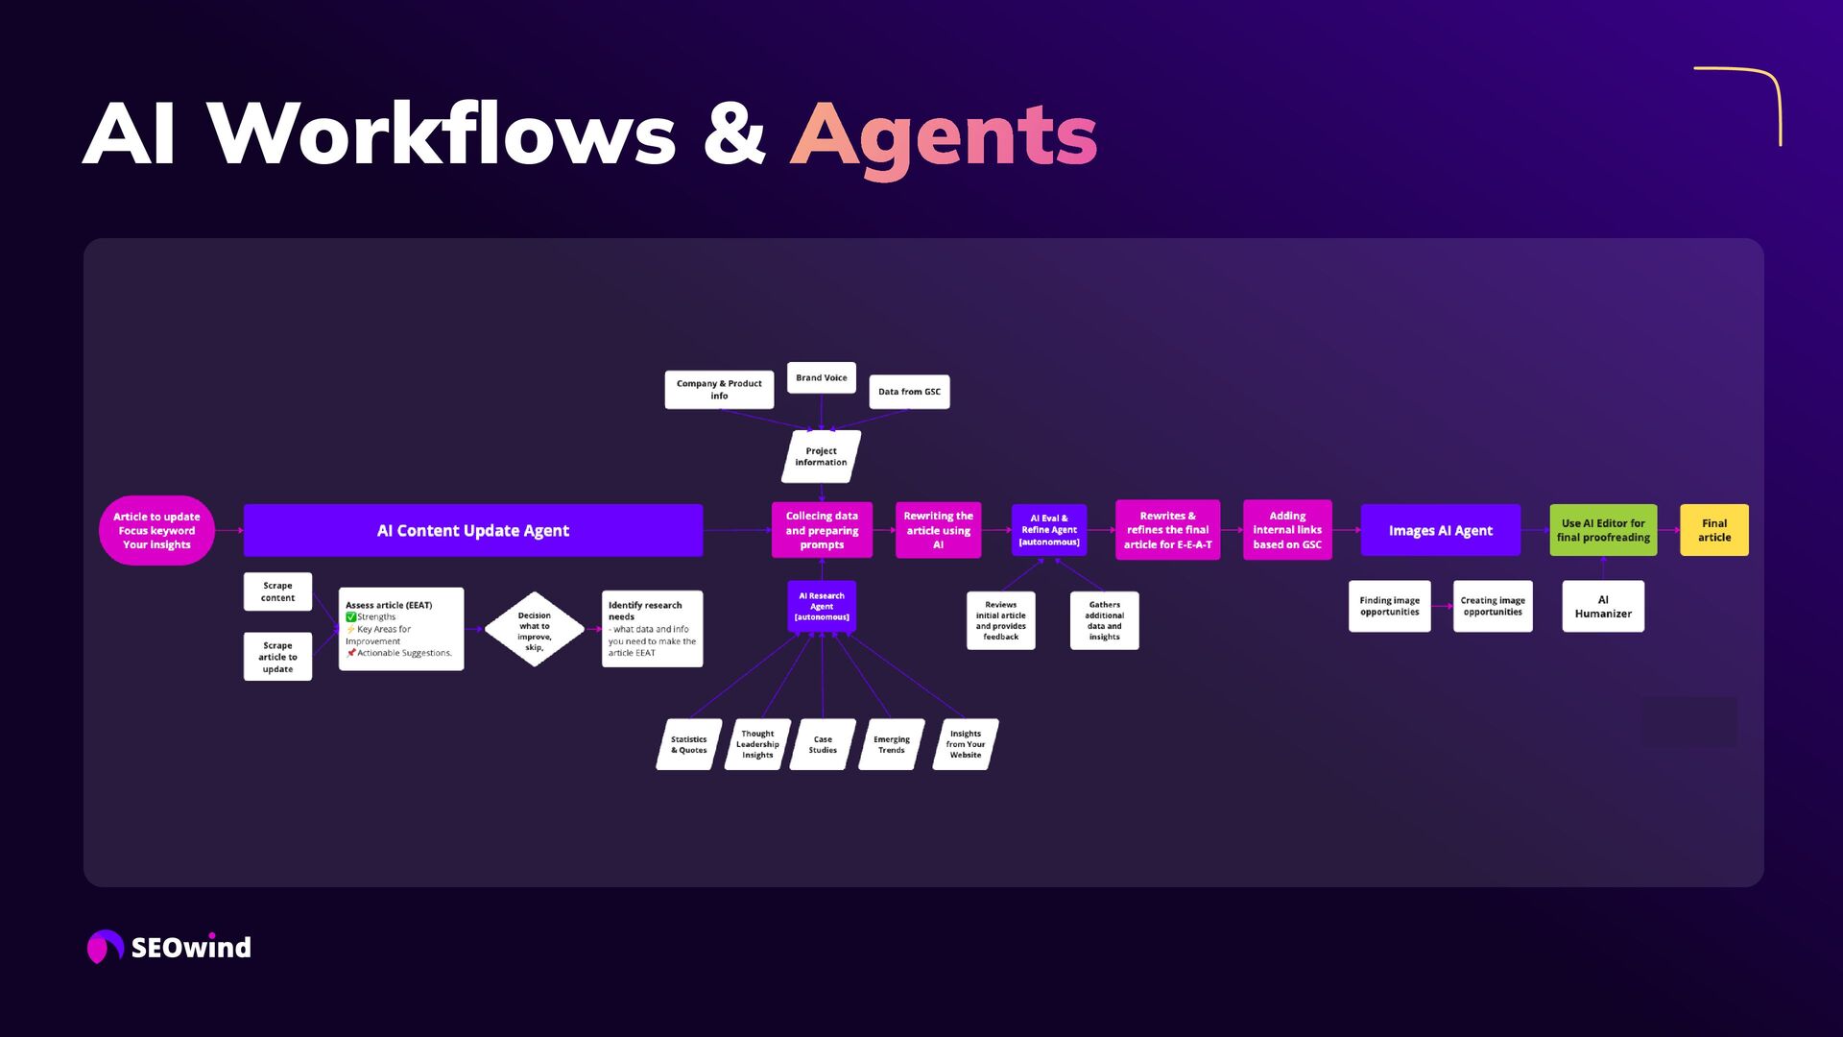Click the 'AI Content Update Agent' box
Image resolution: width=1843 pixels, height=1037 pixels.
click(472, 530)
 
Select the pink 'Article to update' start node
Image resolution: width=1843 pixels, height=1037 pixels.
click(156, 530)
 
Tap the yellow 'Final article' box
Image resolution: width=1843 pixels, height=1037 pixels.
click(1713, 530)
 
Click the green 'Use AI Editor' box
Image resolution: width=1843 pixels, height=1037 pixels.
click(1603, 530)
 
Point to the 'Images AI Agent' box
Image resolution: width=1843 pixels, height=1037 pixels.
click(1440, 530)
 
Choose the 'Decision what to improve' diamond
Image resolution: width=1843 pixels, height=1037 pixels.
click(535, 630)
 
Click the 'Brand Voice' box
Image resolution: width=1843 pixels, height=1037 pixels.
click(821, 377)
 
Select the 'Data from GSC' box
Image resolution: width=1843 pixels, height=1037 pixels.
click(909, 392)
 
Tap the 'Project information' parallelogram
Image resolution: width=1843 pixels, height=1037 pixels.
click(821, 456)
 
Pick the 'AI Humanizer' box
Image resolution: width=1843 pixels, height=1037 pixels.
click(1603, 606)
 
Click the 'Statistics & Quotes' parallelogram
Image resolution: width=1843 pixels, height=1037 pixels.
click(688, 744)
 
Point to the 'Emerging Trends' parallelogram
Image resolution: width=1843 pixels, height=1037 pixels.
click(891, 744)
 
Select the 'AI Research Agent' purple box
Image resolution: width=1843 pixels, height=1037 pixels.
click(822, 606)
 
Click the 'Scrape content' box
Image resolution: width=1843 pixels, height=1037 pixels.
click(277, 591)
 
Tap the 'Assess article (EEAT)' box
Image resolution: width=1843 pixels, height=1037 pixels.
click(401, 629)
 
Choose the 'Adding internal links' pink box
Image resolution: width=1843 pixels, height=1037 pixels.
click(1287, 530)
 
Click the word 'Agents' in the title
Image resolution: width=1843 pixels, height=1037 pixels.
click(944, 135)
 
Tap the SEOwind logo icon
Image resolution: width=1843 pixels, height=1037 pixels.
click(105, 947)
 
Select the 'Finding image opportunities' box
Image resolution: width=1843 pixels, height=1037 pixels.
click(1389, 606)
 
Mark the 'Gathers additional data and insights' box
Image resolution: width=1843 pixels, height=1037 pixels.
click(1104, 620)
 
